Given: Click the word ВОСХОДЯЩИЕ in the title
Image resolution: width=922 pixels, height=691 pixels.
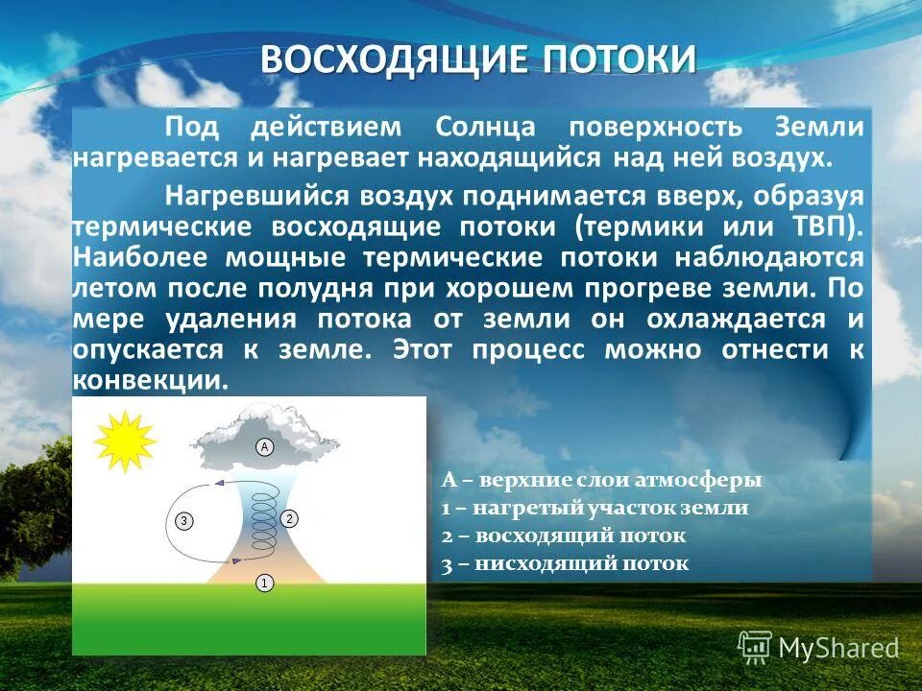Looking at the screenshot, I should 395,60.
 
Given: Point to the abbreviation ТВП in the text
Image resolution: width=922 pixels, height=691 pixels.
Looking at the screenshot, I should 825,227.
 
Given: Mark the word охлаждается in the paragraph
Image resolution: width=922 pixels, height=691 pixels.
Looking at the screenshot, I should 736,319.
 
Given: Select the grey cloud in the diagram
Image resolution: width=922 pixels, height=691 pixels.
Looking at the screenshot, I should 265,438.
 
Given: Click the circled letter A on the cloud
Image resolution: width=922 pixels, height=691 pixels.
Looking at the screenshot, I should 264,446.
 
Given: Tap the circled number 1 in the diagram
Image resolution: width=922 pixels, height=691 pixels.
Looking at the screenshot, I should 264,582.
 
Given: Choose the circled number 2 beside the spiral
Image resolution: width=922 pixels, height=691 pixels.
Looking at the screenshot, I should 289,518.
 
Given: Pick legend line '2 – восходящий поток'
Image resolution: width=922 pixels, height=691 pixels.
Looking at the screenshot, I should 564,536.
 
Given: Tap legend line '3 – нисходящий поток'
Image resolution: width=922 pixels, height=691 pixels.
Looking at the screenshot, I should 566,563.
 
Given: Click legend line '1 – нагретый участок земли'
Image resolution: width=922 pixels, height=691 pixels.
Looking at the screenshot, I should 594,509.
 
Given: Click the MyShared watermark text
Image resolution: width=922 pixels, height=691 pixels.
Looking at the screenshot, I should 837,649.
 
